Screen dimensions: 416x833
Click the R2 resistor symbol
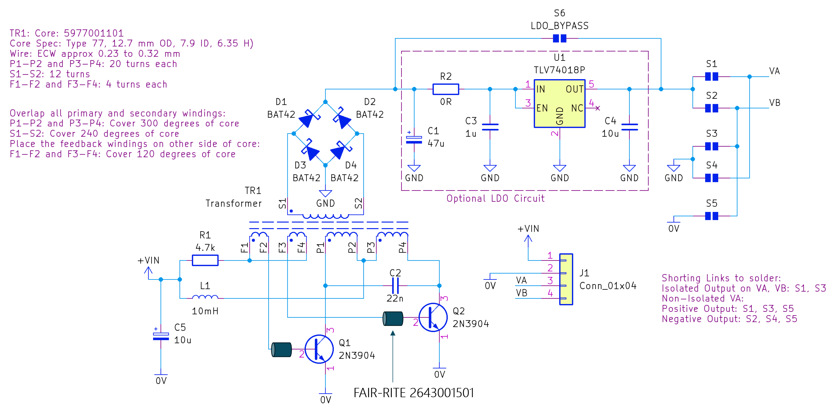tap(446, 89)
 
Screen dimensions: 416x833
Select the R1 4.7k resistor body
tap(205, 260)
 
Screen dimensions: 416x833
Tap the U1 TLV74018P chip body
tap(559, 104)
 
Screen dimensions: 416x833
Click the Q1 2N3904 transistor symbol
tap(319, 349)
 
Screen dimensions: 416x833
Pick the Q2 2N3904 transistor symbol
tap(433, 317)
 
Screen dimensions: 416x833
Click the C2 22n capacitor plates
tap(395, 286)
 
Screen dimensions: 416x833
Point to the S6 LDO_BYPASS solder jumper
tap(559, 38)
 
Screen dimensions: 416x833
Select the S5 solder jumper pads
tap(711, 216)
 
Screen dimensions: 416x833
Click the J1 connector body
tap(566, 279)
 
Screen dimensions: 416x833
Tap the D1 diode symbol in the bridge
tap(309, 118)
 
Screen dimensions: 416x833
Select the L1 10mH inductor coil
tap(205, 297)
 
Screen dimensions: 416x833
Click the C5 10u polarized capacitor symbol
tap(161, 336)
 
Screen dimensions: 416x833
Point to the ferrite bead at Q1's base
tap(281, 350)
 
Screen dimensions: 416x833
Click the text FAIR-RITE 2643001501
tap(414, 393)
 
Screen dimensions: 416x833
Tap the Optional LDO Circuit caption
tap(496, 198)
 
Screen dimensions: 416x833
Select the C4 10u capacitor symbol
tap(629, 127)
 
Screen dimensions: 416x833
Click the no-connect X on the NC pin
tap(597, 108)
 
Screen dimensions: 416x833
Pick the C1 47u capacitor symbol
tap(414, 139)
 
